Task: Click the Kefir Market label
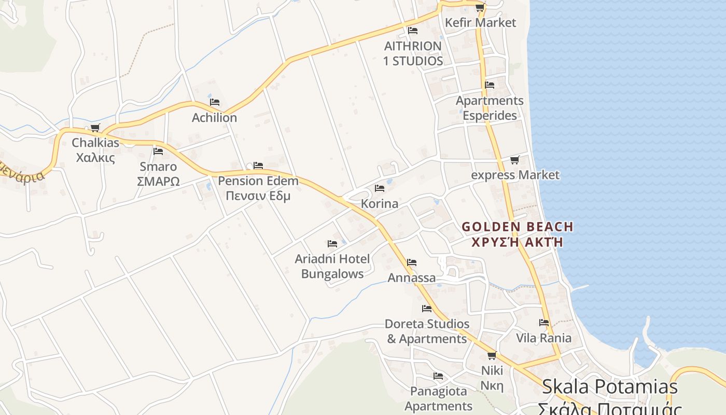(481, 22)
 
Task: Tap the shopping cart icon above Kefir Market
(480, 7)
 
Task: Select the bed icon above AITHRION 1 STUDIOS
(413, 31)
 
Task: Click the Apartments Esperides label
(490, 108)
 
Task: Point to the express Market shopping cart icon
(514, 160)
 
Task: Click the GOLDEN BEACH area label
(518, 234)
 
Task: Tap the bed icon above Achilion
(215, 102)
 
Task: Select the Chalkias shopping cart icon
(95, 128)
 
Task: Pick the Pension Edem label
(258, 188)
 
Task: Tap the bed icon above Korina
(380, 188)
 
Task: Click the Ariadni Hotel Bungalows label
(332, 266)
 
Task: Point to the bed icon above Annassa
(412, 262)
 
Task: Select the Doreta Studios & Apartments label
(427, 331)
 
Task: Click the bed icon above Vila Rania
(544, 323)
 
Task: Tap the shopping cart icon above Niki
(492, 355)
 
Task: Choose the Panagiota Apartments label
(439, 398)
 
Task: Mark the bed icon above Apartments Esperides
(490, 85)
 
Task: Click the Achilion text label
(214, 118)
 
